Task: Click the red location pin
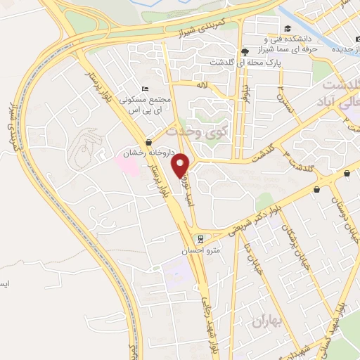(x=182, y=165)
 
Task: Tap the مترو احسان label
(x=206, y=251)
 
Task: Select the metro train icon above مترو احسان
(x=201, y=239)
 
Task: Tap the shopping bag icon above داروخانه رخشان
(x=148, y=143)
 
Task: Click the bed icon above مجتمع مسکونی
(x=145, y=89)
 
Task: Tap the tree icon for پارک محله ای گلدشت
(x=244, y=51)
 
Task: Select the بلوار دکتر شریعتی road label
(x=255, y=214)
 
